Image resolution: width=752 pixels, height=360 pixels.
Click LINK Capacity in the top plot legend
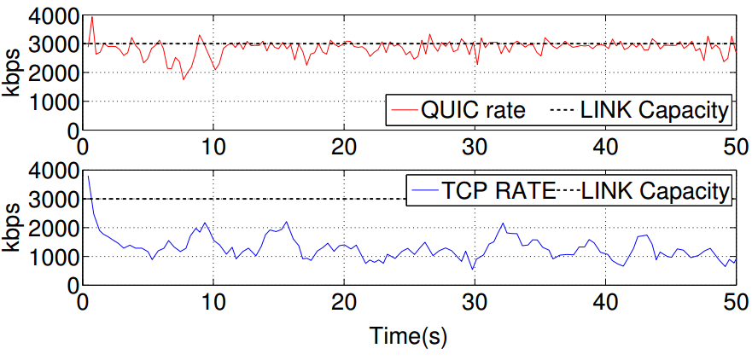click(x=654, y=110)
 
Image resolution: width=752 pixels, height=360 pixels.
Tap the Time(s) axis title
click(x=408, y=336)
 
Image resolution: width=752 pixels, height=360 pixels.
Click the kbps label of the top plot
click(x=13, y=73)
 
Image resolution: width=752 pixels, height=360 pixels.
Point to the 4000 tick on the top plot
click(x=53, y=15)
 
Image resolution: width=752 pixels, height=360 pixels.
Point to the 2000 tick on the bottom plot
click(x=53, y=228)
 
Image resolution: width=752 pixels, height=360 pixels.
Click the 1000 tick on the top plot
click(x=53, y=102)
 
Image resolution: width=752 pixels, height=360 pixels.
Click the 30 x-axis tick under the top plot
click(x=474, y=144)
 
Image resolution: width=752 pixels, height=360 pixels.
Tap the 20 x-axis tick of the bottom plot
click(x=343, y=301)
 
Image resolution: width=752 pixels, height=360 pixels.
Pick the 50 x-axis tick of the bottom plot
click(x=734, y=301)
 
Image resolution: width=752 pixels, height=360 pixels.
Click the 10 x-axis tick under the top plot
click(x=213, y=144)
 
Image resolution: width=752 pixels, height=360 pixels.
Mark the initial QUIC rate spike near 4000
click(x=92, y=17)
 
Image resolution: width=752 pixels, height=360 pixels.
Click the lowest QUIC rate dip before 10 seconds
click(x=183, y=79)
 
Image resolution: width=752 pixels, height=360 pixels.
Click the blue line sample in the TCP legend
click(x=423, y=192)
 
